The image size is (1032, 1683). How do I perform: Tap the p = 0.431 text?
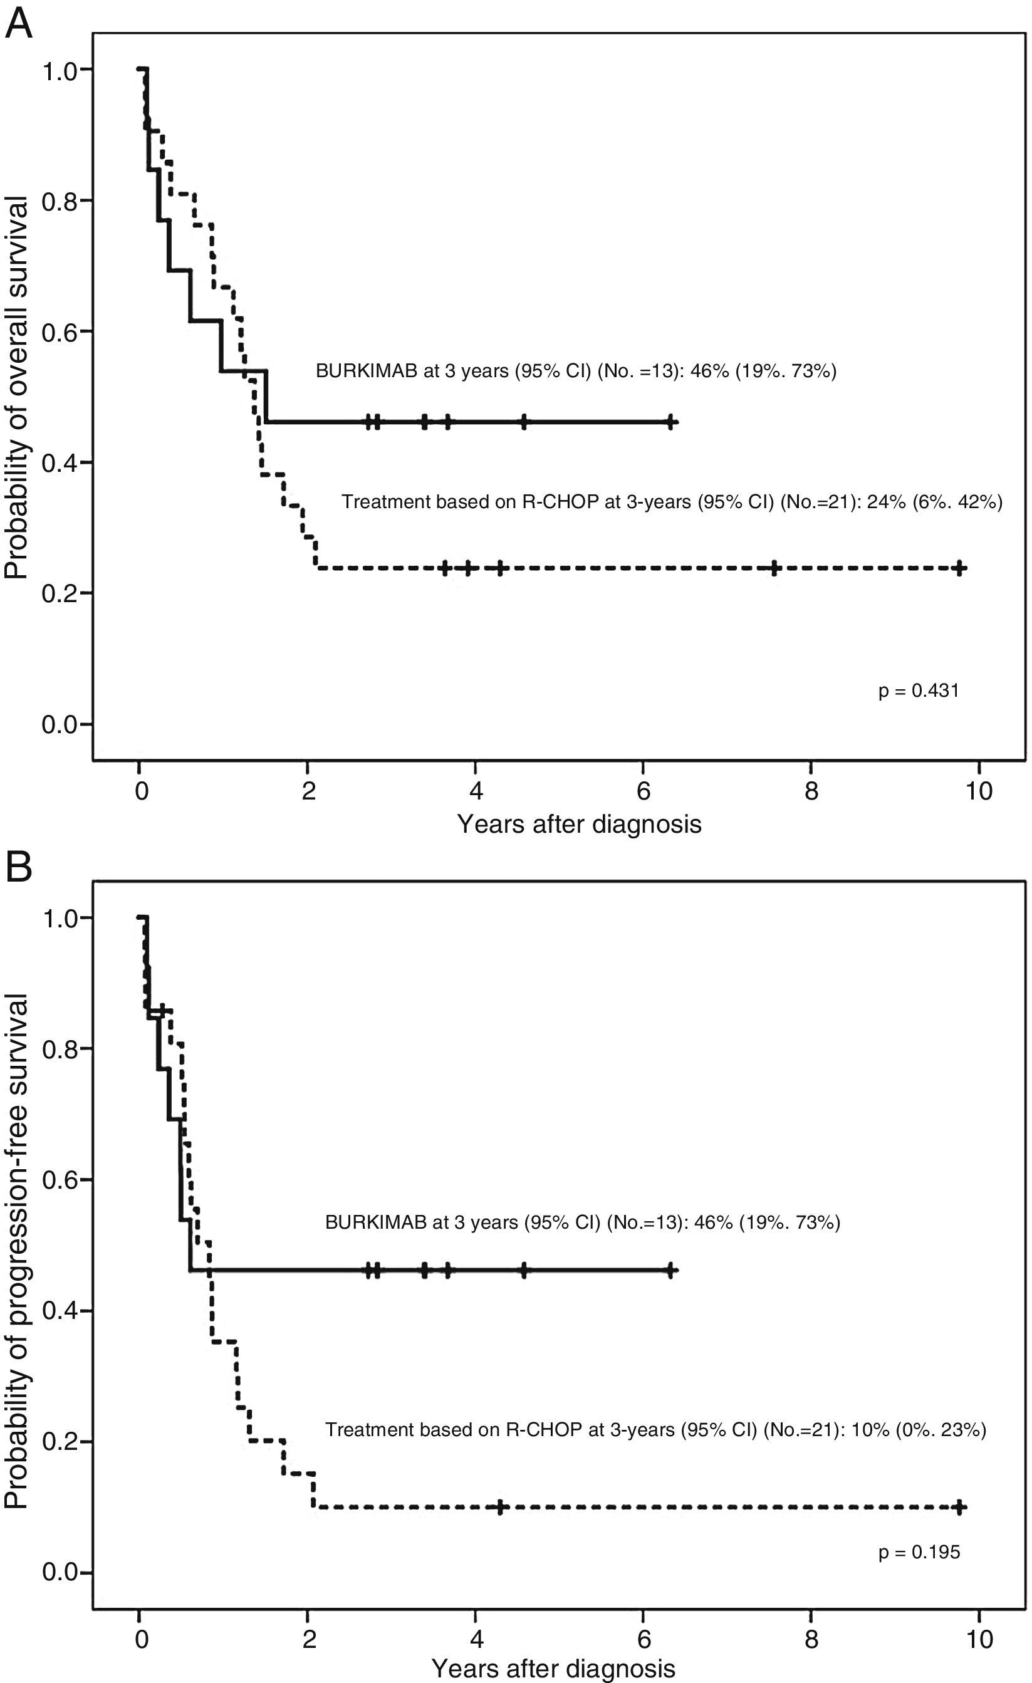coord(918,690)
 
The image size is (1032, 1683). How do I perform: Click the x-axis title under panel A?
coord(578,824)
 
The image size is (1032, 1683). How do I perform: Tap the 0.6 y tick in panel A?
coord(60,332)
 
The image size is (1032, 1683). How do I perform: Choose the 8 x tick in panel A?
coord(811,791)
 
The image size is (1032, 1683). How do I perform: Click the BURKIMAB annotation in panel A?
coord(575,371)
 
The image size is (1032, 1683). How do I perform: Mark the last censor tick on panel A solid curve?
coord(670,422)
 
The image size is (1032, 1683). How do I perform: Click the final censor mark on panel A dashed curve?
coord(959,568)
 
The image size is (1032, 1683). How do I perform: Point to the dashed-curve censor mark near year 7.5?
coord(774,568)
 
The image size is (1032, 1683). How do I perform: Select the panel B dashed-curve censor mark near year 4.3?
coord(499,1507)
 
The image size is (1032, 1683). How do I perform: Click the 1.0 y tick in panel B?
coord(60,917)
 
